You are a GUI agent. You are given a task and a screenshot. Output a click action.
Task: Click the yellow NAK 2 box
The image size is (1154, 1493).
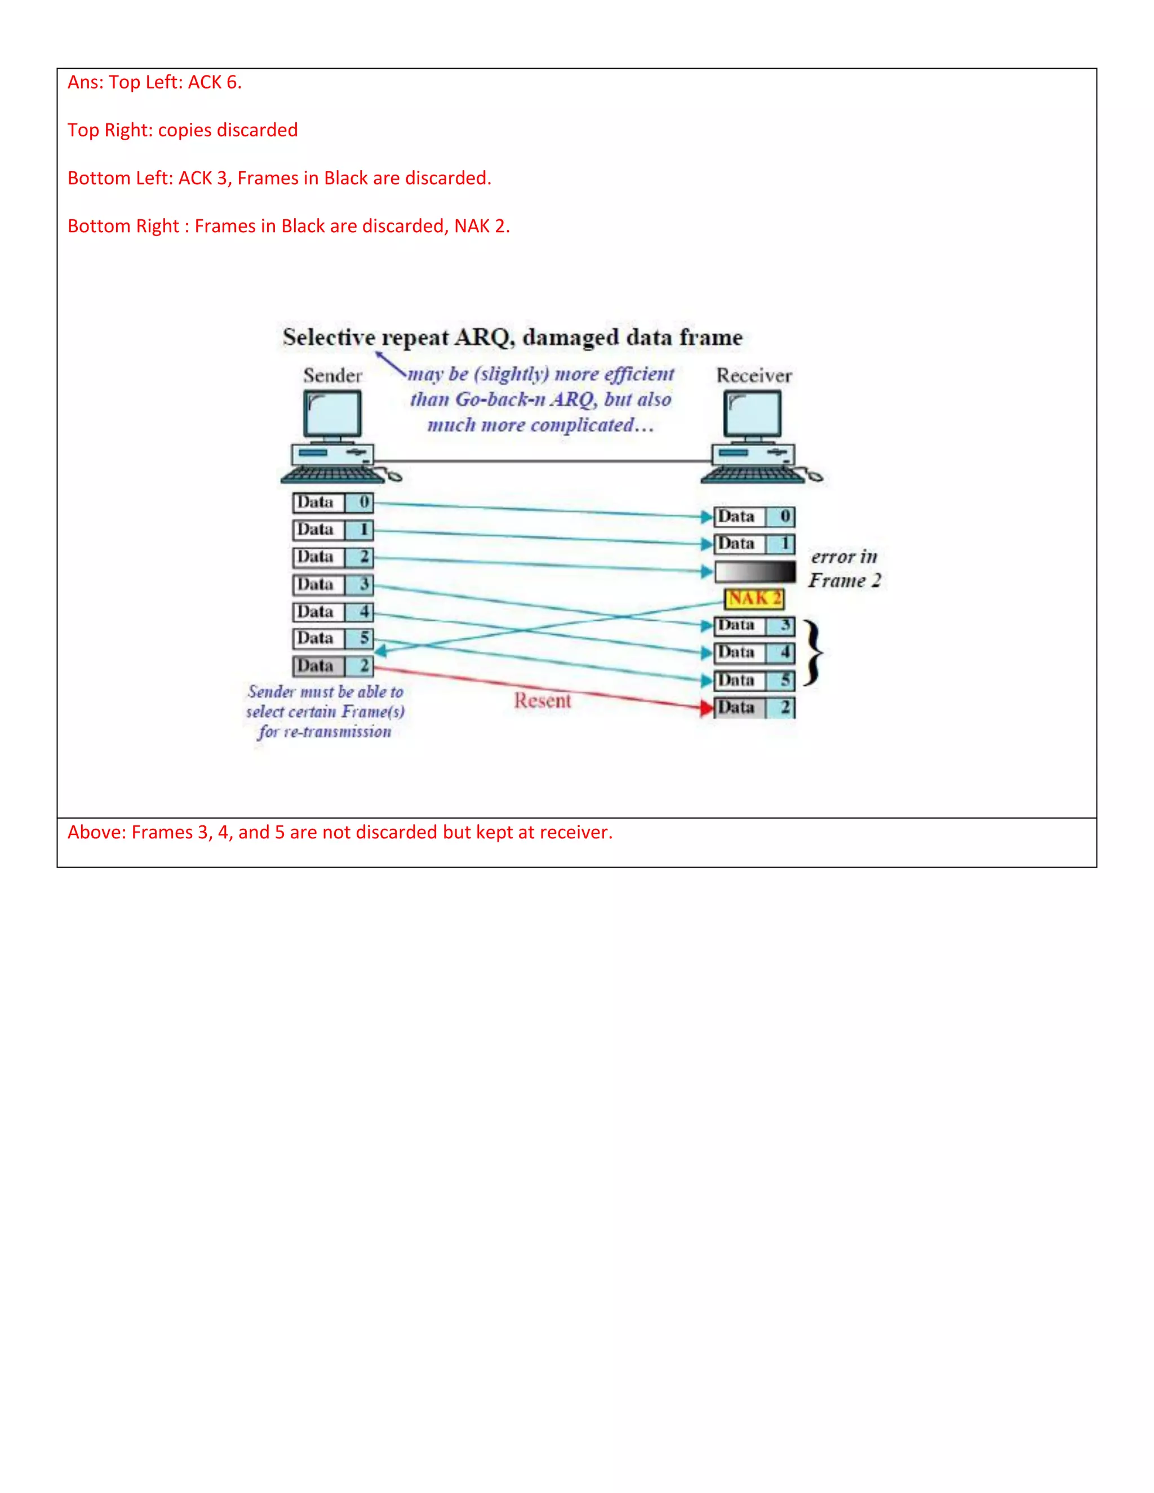point(754,599)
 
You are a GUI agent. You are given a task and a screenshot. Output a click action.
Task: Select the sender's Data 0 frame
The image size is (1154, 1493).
point(333,503)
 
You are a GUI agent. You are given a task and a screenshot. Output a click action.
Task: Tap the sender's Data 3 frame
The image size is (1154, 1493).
point(333,584)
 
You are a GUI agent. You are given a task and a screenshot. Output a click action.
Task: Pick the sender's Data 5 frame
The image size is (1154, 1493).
point(333,638)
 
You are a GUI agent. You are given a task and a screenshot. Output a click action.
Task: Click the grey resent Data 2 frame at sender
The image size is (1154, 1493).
point(333,666)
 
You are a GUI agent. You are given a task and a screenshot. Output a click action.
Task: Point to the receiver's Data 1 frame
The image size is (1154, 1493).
point(754,544)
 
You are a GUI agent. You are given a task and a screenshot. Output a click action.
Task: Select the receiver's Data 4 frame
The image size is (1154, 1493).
point(754,653)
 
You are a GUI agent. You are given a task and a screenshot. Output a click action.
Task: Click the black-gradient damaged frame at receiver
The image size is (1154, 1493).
point(754,571)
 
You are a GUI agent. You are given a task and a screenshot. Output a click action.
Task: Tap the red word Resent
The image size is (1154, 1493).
point(542,701)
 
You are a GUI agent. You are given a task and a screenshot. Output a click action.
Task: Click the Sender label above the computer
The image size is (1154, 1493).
point(332,375)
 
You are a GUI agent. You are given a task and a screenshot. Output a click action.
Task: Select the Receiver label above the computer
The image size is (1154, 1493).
point(753,375)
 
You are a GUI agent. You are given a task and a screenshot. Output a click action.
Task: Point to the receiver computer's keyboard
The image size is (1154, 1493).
point(752,474)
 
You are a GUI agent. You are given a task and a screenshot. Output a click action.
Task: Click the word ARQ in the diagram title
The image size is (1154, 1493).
point(484,337)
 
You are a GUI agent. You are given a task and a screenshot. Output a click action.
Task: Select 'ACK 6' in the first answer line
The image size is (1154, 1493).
point(214,83)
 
